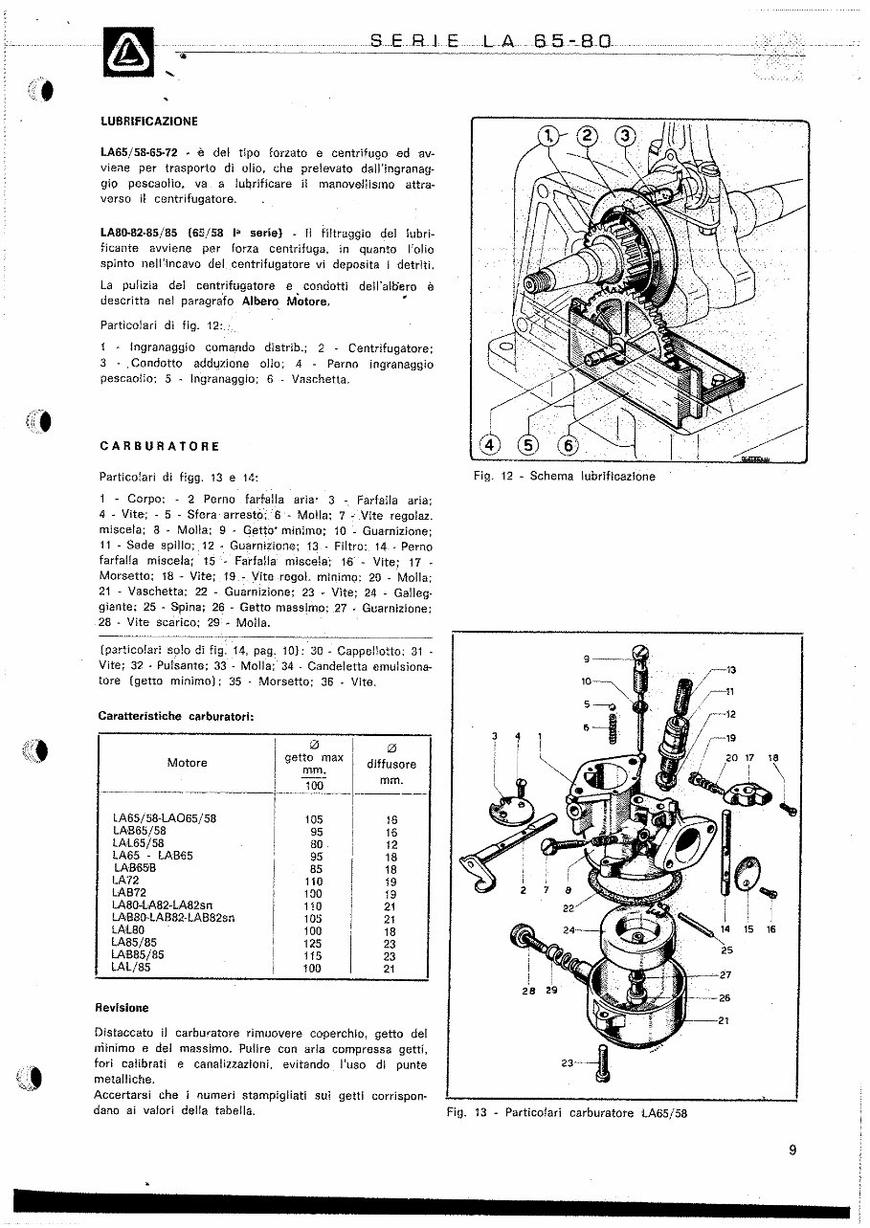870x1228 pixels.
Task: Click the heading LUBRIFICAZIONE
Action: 148,122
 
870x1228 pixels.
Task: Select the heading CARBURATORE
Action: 159,446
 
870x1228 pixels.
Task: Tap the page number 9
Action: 792,1151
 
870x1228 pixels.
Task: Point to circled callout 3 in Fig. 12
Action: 625,136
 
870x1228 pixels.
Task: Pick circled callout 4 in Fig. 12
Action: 489,445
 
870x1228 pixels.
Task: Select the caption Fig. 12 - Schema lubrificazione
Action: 564,477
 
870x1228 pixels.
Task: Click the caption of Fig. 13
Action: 567,1113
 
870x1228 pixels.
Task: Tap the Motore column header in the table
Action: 187,763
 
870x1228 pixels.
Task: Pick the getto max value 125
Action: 313,943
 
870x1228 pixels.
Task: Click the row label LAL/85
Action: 130,968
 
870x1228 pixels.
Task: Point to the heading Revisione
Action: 122,1008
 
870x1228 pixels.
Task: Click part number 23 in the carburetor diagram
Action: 566,1062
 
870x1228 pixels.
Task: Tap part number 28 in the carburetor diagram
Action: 527,991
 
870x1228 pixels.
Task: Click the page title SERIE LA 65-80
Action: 489,41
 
